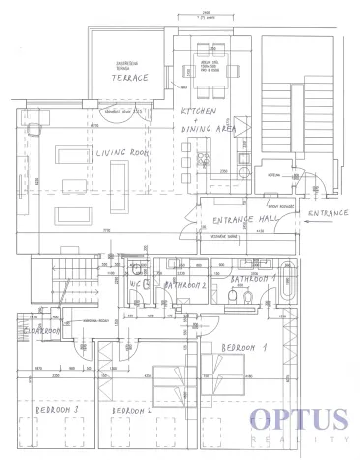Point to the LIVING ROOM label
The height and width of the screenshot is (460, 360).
[122, 154]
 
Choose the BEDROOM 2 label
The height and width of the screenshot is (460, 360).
[132, 410]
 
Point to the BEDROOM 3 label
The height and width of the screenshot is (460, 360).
[56, 407]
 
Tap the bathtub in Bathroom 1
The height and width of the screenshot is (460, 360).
[288, 284]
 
